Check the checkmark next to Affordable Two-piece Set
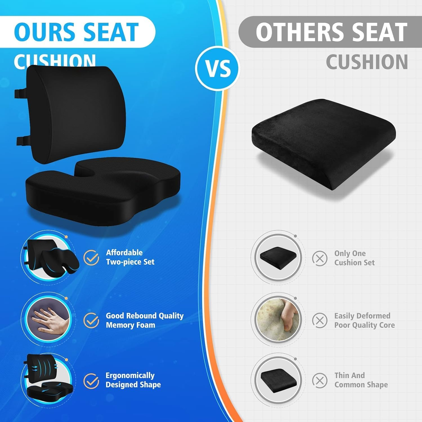pos(91,258)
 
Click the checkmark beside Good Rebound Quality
pos(91,320)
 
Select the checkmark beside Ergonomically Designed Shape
pos(91,381)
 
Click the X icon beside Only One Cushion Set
pos(320,258)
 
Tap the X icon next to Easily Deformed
pos(320,320)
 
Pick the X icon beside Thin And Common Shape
pos(320,381)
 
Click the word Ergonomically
pos(130,376)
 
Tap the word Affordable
pos(124,253)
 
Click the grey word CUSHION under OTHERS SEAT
pos(367,62)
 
